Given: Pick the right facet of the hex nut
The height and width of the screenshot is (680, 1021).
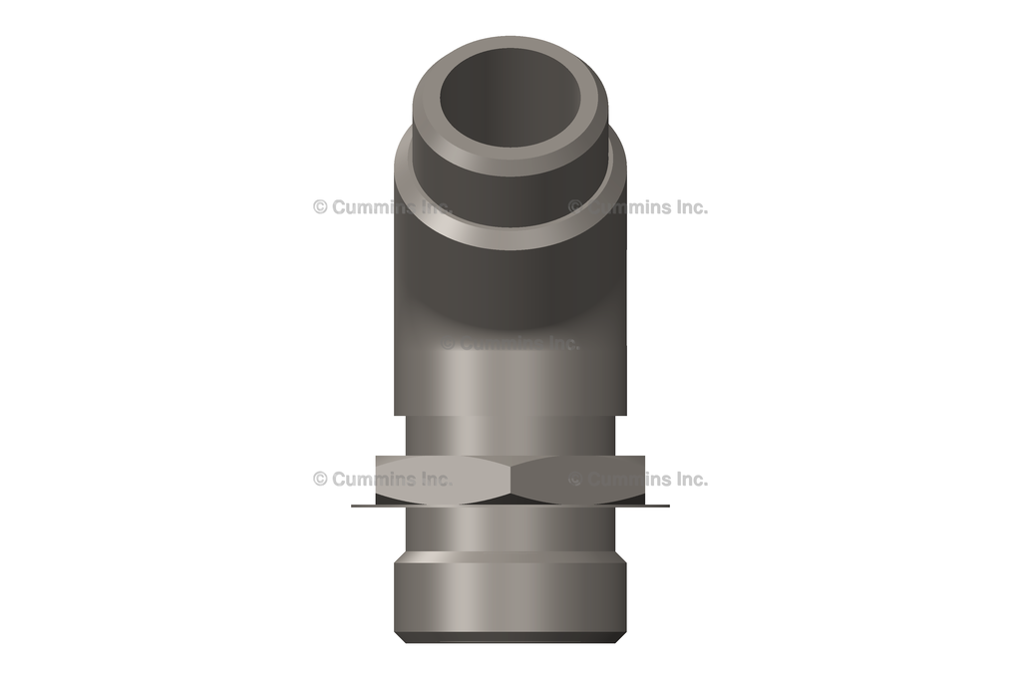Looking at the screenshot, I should (579, 480).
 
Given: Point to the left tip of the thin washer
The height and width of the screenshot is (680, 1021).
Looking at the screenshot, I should (355, 506).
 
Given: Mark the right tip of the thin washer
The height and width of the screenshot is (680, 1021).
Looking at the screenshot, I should (665, 506).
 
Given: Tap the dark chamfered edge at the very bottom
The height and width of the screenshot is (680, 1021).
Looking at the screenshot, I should (510, 637).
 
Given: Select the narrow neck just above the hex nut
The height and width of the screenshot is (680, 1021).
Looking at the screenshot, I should (510, 436).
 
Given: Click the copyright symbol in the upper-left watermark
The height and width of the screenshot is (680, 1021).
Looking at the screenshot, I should (320, 207).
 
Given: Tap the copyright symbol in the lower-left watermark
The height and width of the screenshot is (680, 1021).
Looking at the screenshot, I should (320, 479).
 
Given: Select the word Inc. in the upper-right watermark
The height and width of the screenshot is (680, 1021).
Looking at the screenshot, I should (688, 207).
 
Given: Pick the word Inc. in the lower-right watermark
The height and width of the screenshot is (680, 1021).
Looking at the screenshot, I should (688, 479).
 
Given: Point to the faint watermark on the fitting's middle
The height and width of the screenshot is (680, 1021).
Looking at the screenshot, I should (510, 343).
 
